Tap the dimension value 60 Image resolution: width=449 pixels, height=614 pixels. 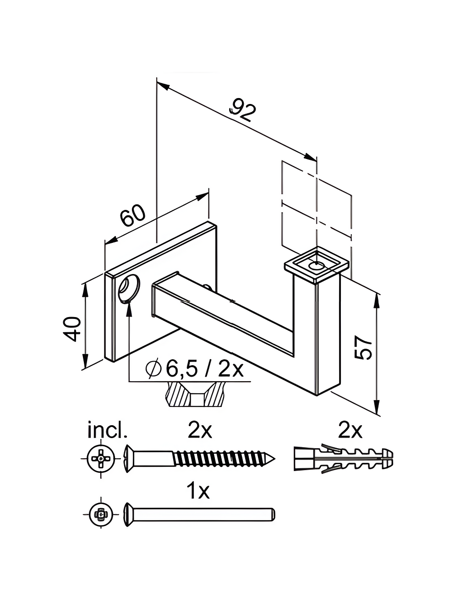click(133, 216)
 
